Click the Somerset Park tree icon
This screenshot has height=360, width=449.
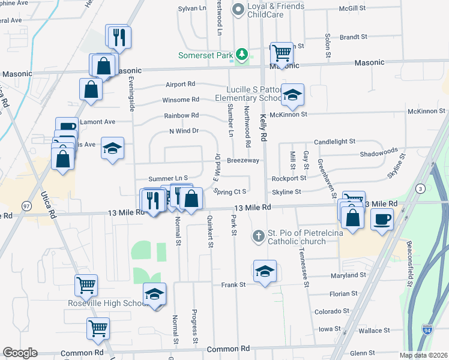242,55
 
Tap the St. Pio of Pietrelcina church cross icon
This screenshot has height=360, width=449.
259,236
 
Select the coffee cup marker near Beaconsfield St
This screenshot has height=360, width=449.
382,219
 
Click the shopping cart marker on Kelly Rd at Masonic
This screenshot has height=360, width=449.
281,53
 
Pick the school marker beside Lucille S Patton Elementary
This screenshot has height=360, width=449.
292,95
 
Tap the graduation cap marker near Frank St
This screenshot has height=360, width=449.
265,271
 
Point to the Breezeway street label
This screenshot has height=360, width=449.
243,161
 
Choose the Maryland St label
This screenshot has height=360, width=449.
348,276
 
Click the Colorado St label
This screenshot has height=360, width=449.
331,311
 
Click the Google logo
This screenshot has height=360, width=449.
20,353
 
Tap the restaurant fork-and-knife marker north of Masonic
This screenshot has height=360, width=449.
118,37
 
